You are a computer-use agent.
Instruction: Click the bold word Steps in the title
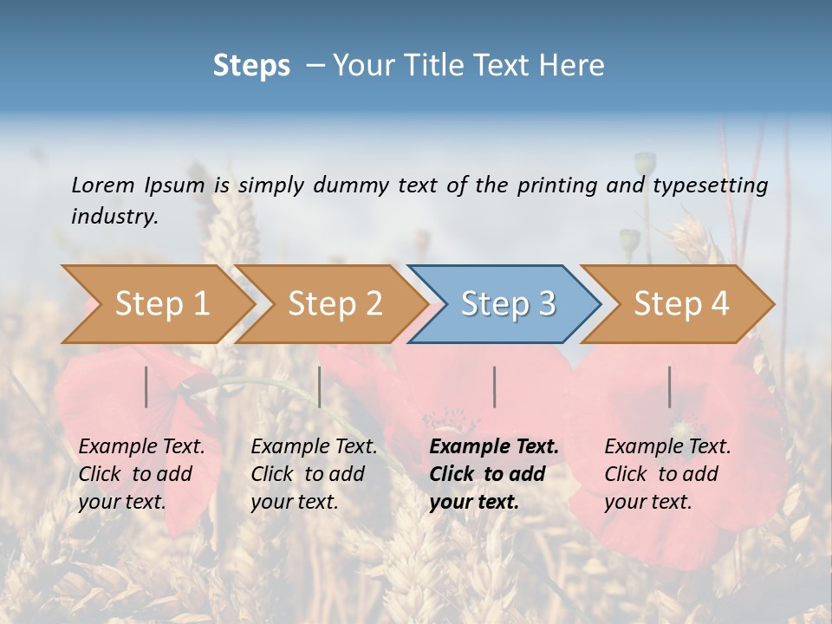point(251,66)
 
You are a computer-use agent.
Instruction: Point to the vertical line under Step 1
point(146,387)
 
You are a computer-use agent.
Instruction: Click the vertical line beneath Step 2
point(320,387)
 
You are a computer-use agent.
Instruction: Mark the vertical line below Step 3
point(495,387)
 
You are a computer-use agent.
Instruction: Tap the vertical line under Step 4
point(670,387)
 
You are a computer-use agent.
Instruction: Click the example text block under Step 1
point(141,474)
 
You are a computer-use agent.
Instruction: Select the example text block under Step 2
point(314,474)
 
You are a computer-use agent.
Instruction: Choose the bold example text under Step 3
point(494,474)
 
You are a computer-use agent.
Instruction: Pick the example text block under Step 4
point(667,474)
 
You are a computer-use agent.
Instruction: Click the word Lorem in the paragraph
point(102,185)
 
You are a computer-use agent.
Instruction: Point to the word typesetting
point(710,185)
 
